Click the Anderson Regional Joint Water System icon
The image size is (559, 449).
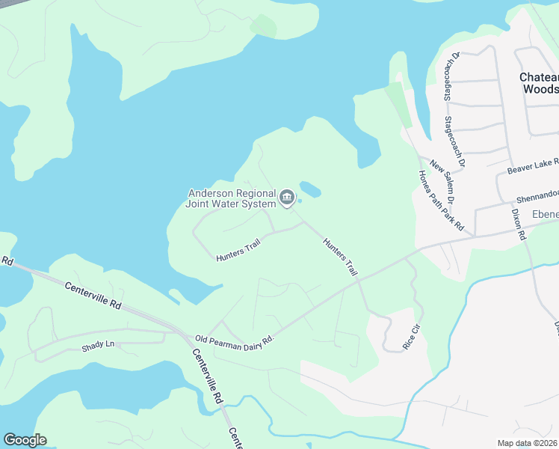point(287,198)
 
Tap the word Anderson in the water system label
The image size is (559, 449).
point(211,193)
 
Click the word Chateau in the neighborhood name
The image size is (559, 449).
point(539,78)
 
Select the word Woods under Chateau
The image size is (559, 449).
point(540,89)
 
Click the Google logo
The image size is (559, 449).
point(25,440)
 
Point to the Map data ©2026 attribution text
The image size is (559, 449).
point(528,443)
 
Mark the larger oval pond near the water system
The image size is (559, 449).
point(310,190)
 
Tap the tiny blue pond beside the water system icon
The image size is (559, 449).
point(300,200)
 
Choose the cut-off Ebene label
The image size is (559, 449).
point(545,215)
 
